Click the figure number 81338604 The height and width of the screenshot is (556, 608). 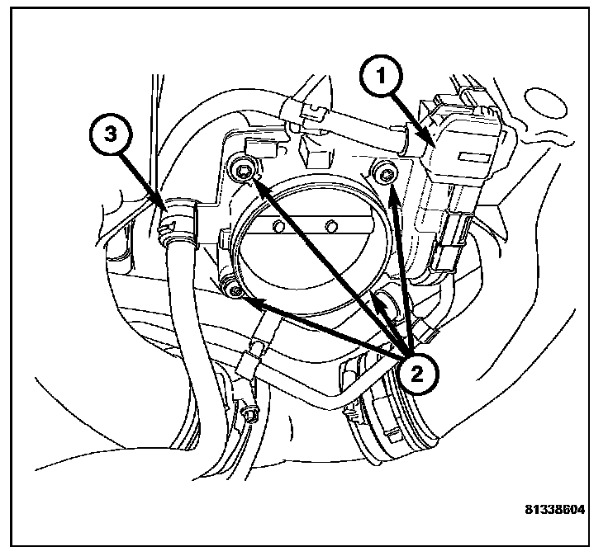554,510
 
